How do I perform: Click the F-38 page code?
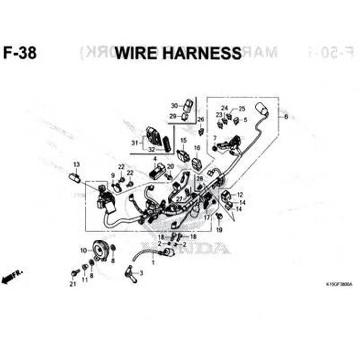(20, 53)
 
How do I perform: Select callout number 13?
(76, 164)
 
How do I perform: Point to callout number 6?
(286, 117)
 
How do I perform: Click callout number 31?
(134, 143)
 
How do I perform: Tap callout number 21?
(73, 284)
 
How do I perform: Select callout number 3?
(141, 273)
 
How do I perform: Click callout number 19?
(219, 230)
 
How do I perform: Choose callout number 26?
(201, 120)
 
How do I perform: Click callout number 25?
(242, 108)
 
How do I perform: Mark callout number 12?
(240, 194)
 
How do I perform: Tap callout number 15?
(183, 141)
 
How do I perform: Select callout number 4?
(155, 159)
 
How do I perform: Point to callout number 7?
(215, 138)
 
